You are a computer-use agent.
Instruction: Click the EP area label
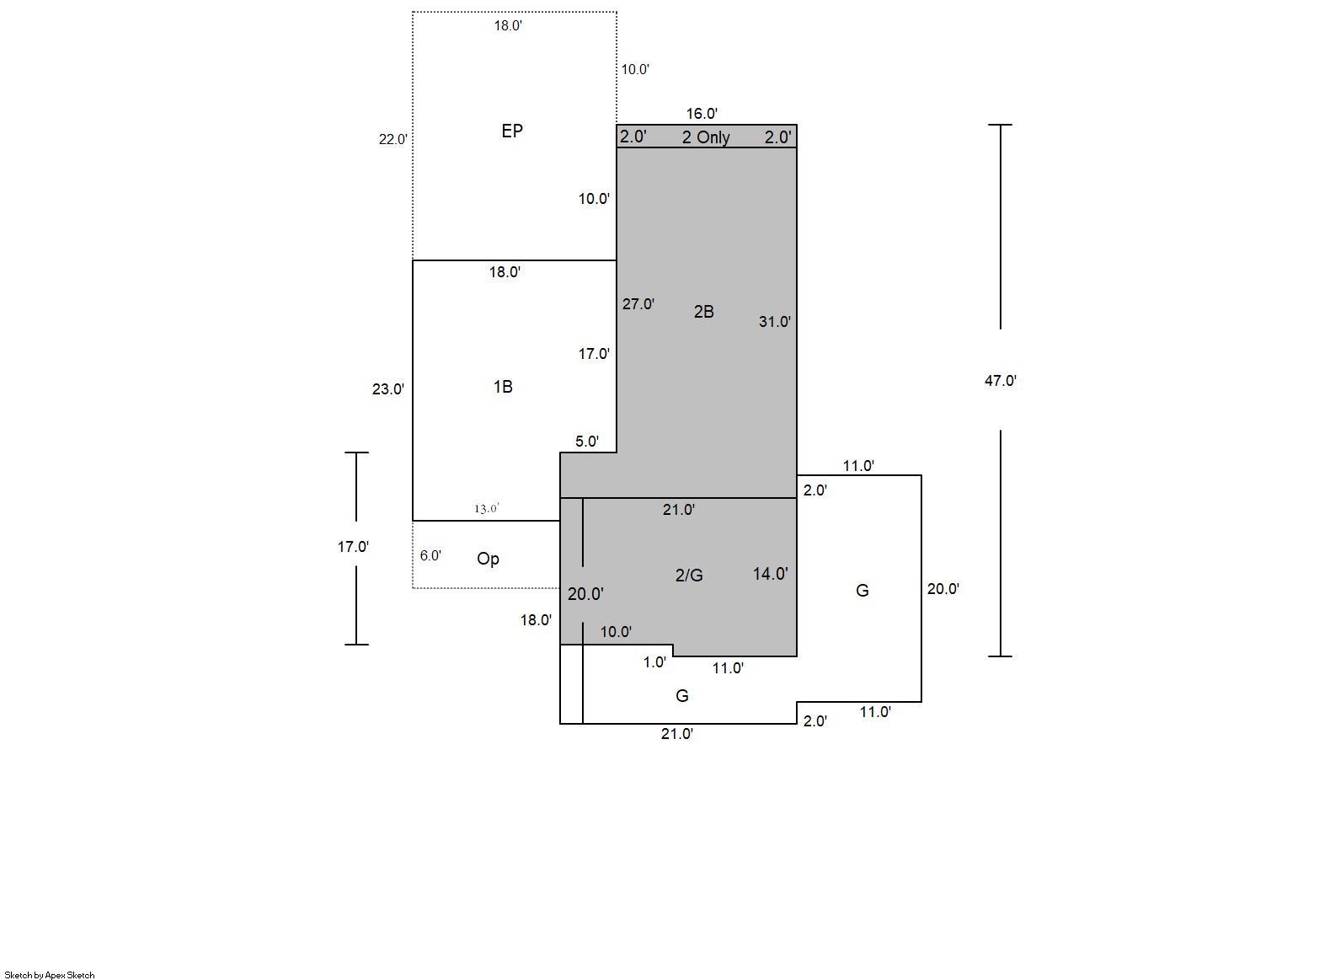click(512, 131)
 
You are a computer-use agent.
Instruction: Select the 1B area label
click(503, 387)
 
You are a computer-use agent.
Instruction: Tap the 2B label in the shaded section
click(703, 312)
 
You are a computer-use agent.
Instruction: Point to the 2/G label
click(689, 576)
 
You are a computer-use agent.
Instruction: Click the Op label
click(488, 559)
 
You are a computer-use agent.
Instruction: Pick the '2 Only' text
click(706, 137)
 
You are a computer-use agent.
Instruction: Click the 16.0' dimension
click(702, 114)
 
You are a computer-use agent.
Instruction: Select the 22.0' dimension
click(392, 140)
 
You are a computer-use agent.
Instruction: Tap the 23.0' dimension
click(388, 389)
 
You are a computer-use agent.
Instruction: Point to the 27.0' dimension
click(638, 304)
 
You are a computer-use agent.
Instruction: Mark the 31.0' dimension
click(774, 322)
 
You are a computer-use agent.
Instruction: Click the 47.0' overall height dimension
click(1001, 381)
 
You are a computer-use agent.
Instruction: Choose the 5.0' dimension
click(587, 442)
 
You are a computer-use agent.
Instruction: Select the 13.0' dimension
click(486, 508)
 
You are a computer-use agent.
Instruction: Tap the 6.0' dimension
click(430, 556)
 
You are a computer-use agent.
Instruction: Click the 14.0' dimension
click(770, 574)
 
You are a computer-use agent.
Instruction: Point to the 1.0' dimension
click(654, 662)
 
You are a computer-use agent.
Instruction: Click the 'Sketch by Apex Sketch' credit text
click(50, 975)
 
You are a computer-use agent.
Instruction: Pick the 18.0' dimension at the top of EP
click(508, 26)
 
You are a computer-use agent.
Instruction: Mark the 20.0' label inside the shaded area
click(585, 594)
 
